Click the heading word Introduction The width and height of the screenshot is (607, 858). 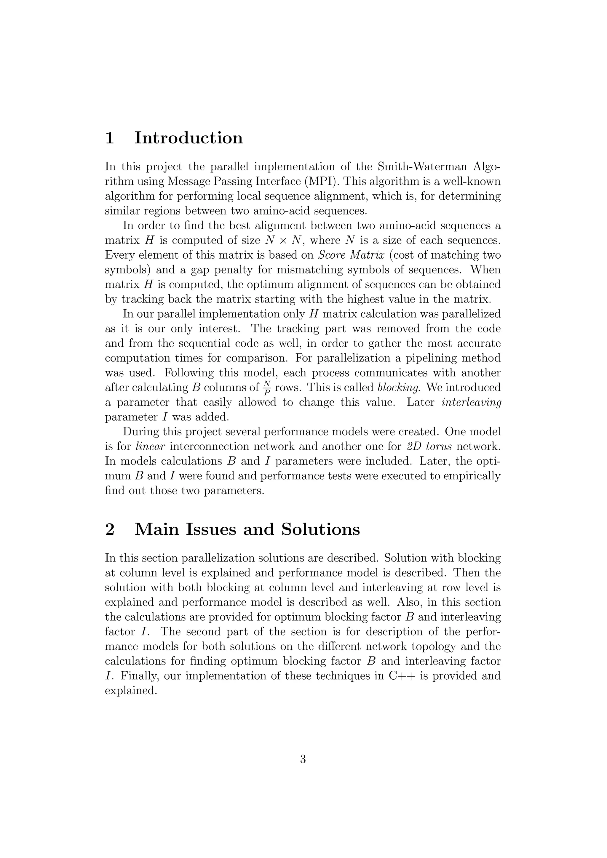click(189, 138)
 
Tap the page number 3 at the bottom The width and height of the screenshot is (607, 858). click(303, 759)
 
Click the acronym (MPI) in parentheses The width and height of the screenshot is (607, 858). click(320, 181)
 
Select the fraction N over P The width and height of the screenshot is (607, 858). click(267, 388)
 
